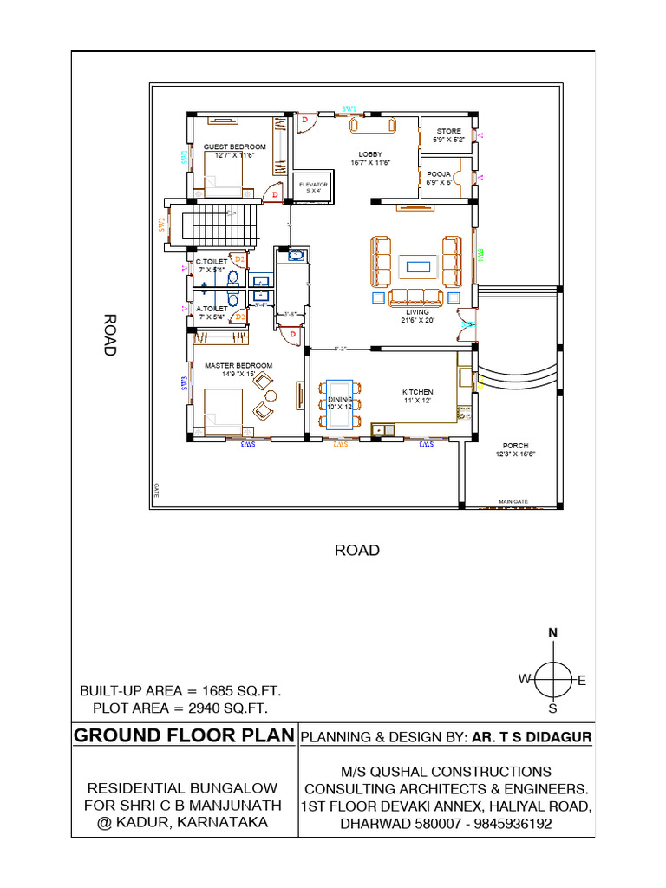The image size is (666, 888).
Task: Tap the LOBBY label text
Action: (x=370, y=154)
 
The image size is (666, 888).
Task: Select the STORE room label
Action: (x=448, y=132)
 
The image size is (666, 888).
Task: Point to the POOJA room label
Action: (x=437, y=173)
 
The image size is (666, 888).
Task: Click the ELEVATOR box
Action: (x=313, y=186)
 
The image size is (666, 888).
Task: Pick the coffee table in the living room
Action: (x=417, y=265)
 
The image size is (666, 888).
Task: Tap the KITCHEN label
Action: (x=417, y=392)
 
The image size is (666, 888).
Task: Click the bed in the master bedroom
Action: (x=223, y=406)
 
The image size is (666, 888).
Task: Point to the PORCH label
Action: (x=515, y=446)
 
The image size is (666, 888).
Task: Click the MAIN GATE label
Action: (x=513, y=501)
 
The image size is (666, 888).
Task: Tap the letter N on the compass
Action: (x=552, y=634)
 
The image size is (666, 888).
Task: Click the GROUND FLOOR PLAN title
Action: (x=184, y=736)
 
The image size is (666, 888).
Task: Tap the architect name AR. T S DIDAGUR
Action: (x=532, y=737)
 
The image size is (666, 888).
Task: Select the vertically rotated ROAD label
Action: (x=110, y=335)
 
